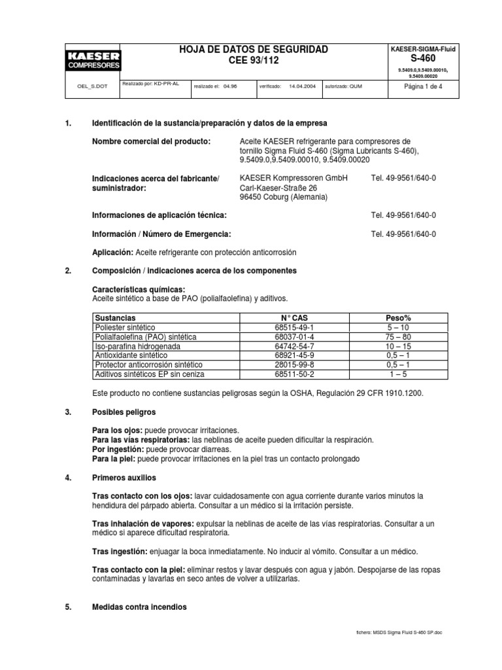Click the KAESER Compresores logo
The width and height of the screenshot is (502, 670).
(x=92, y=60)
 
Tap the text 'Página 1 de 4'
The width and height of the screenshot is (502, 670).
(x=424, y=86)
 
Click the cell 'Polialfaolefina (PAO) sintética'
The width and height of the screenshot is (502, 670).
(x=146, y=336)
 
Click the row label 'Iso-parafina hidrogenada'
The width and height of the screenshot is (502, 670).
(x=137, y=345)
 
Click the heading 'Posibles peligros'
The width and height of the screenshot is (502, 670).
(x=124, y=412)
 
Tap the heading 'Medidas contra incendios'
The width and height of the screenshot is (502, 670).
(x=139, y=607)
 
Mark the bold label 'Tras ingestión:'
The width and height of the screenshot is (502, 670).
(x=120, y=552)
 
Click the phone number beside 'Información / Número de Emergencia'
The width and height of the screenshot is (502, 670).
(x=403, y=234)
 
